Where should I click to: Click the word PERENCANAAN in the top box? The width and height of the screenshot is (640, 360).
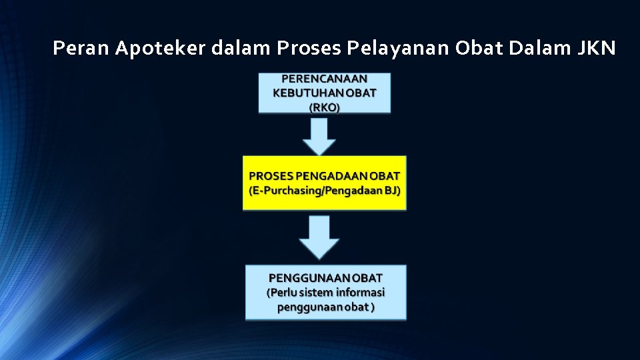tap(324, 78)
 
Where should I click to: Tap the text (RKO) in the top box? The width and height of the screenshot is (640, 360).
tap(324, 107)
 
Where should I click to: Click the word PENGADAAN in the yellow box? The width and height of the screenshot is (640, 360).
tap(333, 176)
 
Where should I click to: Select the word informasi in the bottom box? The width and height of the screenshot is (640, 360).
tap(361, 292)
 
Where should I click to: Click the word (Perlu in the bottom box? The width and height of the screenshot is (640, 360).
tap(281, 292)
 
